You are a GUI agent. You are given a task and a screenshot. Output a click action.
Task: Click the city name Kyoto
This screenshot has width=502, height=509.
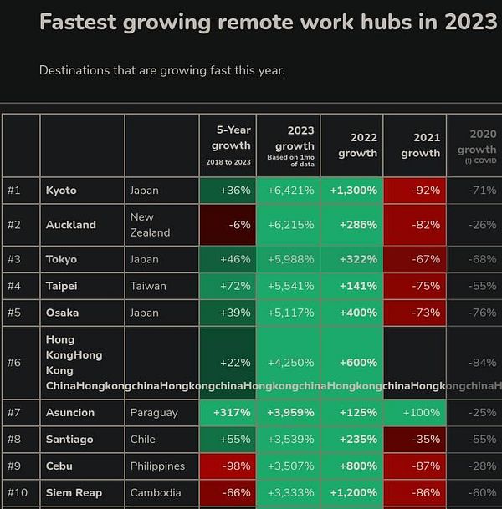coord(61,191)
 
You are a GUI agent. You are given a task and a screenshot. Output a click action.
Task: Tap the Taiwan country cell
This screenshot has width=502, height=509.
coord(148,286)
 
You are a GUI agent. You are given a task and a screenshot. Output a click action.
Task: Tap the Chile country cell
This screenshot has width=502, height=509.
coord(144,440)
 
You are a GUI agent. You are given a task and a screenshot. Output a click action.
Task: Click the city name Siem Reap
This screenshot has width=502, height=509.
coord(74,493)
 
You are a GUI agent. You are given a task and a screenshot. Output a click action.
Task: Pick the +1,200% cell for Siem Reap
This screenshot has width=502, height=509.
coord(353,493)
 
